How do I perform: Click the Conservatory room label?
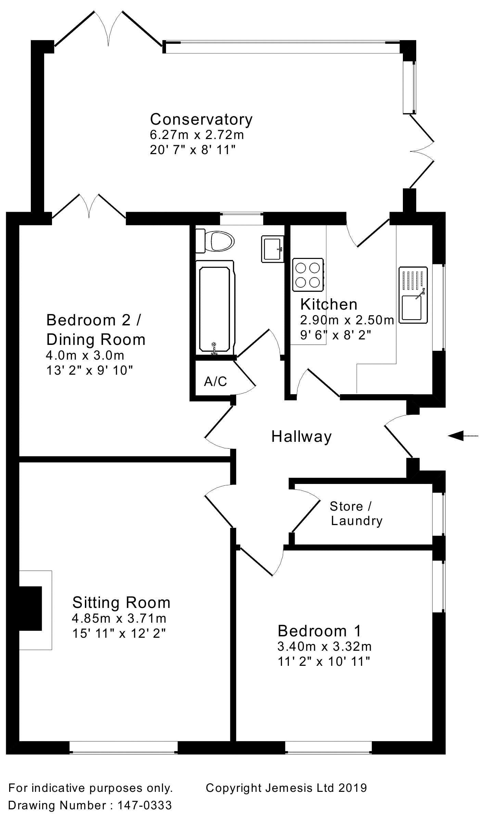pos(201,119)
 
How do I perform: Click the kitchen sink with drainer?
pos(413,295)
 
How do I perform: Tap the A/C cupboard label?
pos(215,381)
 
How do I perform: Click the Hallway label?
pos(301,437)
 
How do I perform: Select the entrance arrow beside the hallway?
pos(462,436)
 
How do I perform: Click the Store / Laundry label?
pos(356,513)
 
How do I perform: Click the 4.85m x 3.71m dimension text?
pos(119,618)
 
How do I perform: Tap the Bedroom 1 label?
pos(319,631)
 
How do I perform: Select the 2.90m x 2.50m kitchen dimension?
pos(347,320)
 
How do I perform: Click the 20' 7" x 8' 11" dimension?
pos(193,150)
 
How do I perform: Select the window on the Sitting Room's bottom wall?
pos(124,752)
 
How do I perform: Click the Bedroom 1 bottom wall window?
pos(329,752)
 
